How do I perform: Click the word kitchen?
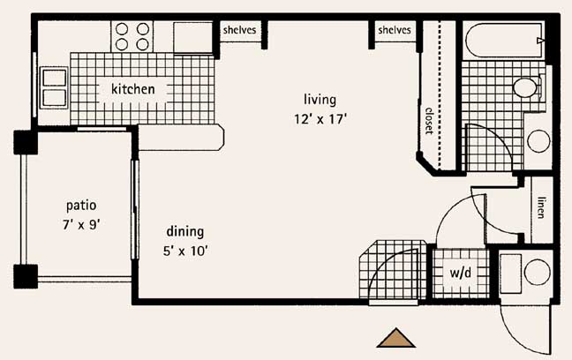tap(132, 88)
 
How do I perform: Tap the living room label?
tap(320, 100)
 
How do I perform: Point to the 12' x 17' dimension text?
tap(320, 119)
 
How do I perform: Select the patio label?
tap(81, 206)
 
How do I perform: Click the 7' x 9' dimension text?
tap(81, 225)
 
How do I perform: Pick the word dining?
tap(185, 232)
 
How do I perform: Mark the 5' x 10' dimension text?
tap(185, 251)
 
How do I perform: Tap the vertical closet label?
tap(429, 120)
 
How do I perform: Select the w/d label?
tap(461, 272)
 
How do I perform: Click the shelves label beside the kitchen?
tap(240, 30)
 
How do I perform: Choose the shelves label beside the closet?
tap(395, 30)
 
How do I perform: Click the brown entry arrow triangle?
tap(395, 338)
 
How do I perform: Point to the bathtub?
tap(505, 40)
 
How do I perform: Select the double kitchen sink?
tap(55, 88)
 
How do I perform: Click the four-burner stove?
tap(132, 36)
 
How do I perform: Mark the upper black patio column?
tap(26, 142)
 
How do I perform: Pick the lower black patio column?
tap(26, 276)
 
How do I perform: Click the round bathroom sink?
tap(538, 141)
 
